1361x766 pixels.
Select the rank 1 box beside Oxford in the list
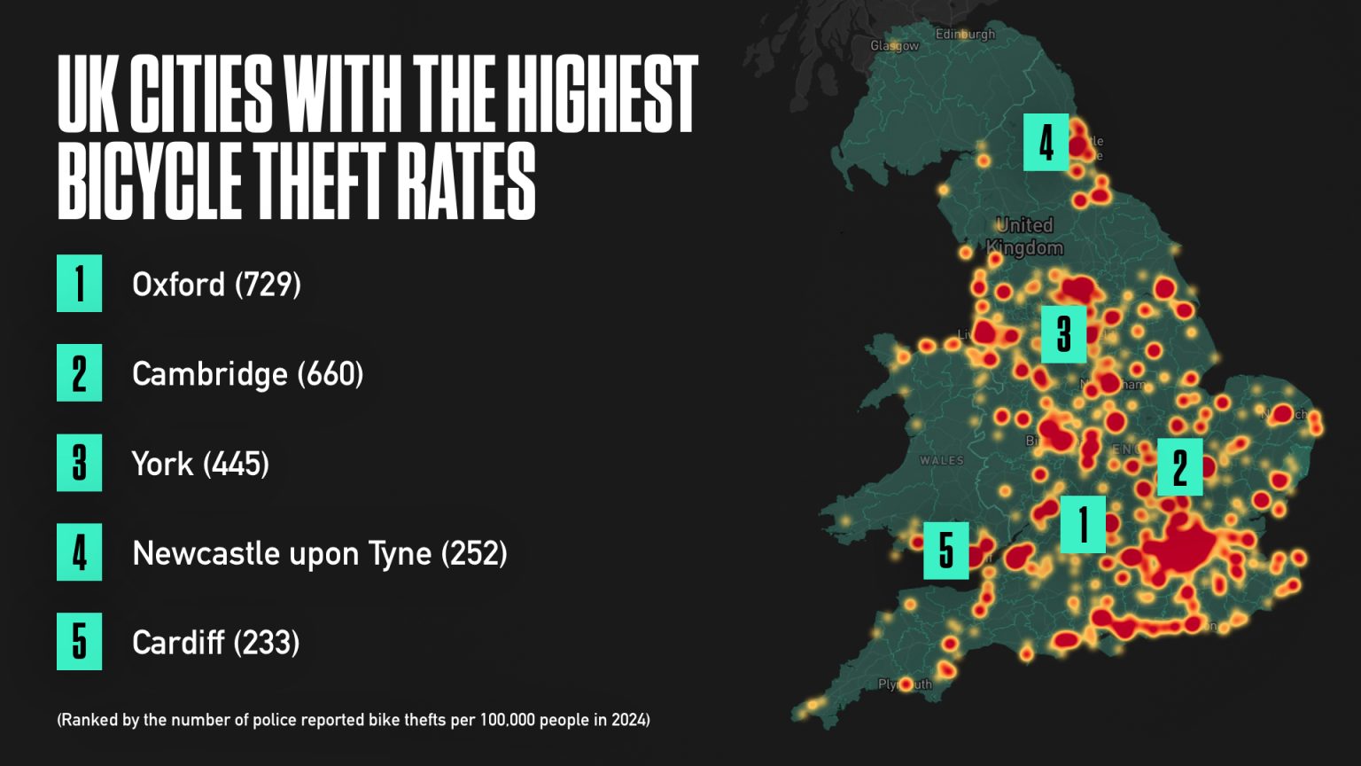80,284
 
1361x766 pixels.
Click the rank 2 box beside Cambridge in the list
80,373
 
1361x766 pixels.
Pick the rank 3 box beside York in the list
80,463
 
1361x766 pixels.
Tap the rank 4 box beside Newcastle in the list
80,552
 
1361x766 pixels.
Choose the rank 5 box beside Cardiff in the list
80,642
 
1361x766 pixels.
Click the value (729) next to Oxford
268,285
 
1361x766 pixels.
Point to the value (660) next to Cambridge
331,374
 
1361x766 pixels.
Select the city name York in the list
162,464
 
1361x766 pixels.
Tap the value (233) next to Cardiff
267,643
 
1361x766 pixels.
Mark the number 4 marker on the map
1046,143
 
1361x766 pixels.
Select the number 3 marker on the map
1064,334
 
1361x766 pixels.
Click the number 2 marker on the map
1180,467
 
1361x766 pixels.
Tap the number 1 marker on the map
1083,525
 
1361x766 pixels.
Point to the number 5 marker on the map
946,551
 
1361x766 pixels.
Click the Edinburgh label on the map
965,35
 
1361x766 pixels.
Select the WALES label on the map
941,460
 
